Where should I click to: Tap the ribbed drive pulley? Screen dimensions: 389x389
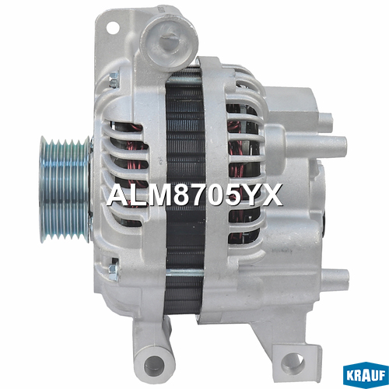pyautogui.click(x=65, y=191)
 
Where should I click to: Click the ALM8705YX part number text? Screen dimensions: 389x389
pyautogui.click(x=194, y=194)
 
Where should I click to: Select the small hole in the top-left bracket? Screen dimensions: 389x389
pyautogui.click(x=112, y=26)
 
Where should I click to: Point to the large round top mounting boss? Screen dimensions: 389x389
pyautogui.click(x=169, y=41)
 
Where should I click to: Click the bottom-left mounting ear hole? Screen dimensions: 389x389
pyautogui.click(x=154, y=363)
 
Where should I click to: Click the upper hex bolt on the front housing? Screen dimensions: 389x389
pyautogui.click(x=113, y=79)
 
